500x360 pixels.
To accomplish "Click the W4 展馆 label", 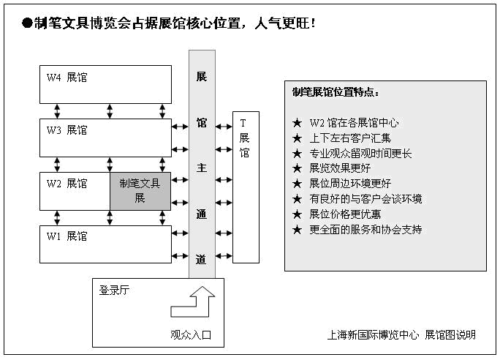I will (67, 77).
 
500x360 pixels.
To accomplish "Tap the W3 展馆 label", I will (67, 130).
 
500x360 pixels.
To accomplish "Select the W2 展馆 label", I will (67, 183).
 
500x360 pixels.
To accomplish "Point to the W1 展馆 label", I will (67, 236).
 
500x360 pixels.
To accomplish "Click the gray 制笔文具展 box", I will (140, 190).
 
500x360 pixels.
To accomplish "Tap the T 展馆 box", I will (245, 187).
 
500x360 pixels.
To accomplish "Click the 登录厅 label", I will (115, 290).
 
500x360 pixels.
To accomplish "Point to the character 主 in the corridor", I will (202, 167).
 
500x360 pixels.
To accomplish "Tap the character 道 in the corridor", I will (202, 258).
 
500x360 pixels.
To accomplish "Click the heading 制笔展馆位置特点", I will (336, 92).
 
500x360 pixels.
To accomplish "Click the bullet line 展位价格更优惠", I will (345, 214).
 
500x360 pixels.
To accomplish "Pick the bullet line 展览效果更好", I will (340, 168).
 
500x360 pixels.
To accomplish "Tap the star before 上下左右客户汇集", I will (297, 138).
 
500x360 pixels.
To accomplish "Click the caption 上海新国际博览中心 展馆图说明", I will (401, 334).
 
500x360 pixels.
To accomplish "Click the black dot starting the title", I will (27, 23).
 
